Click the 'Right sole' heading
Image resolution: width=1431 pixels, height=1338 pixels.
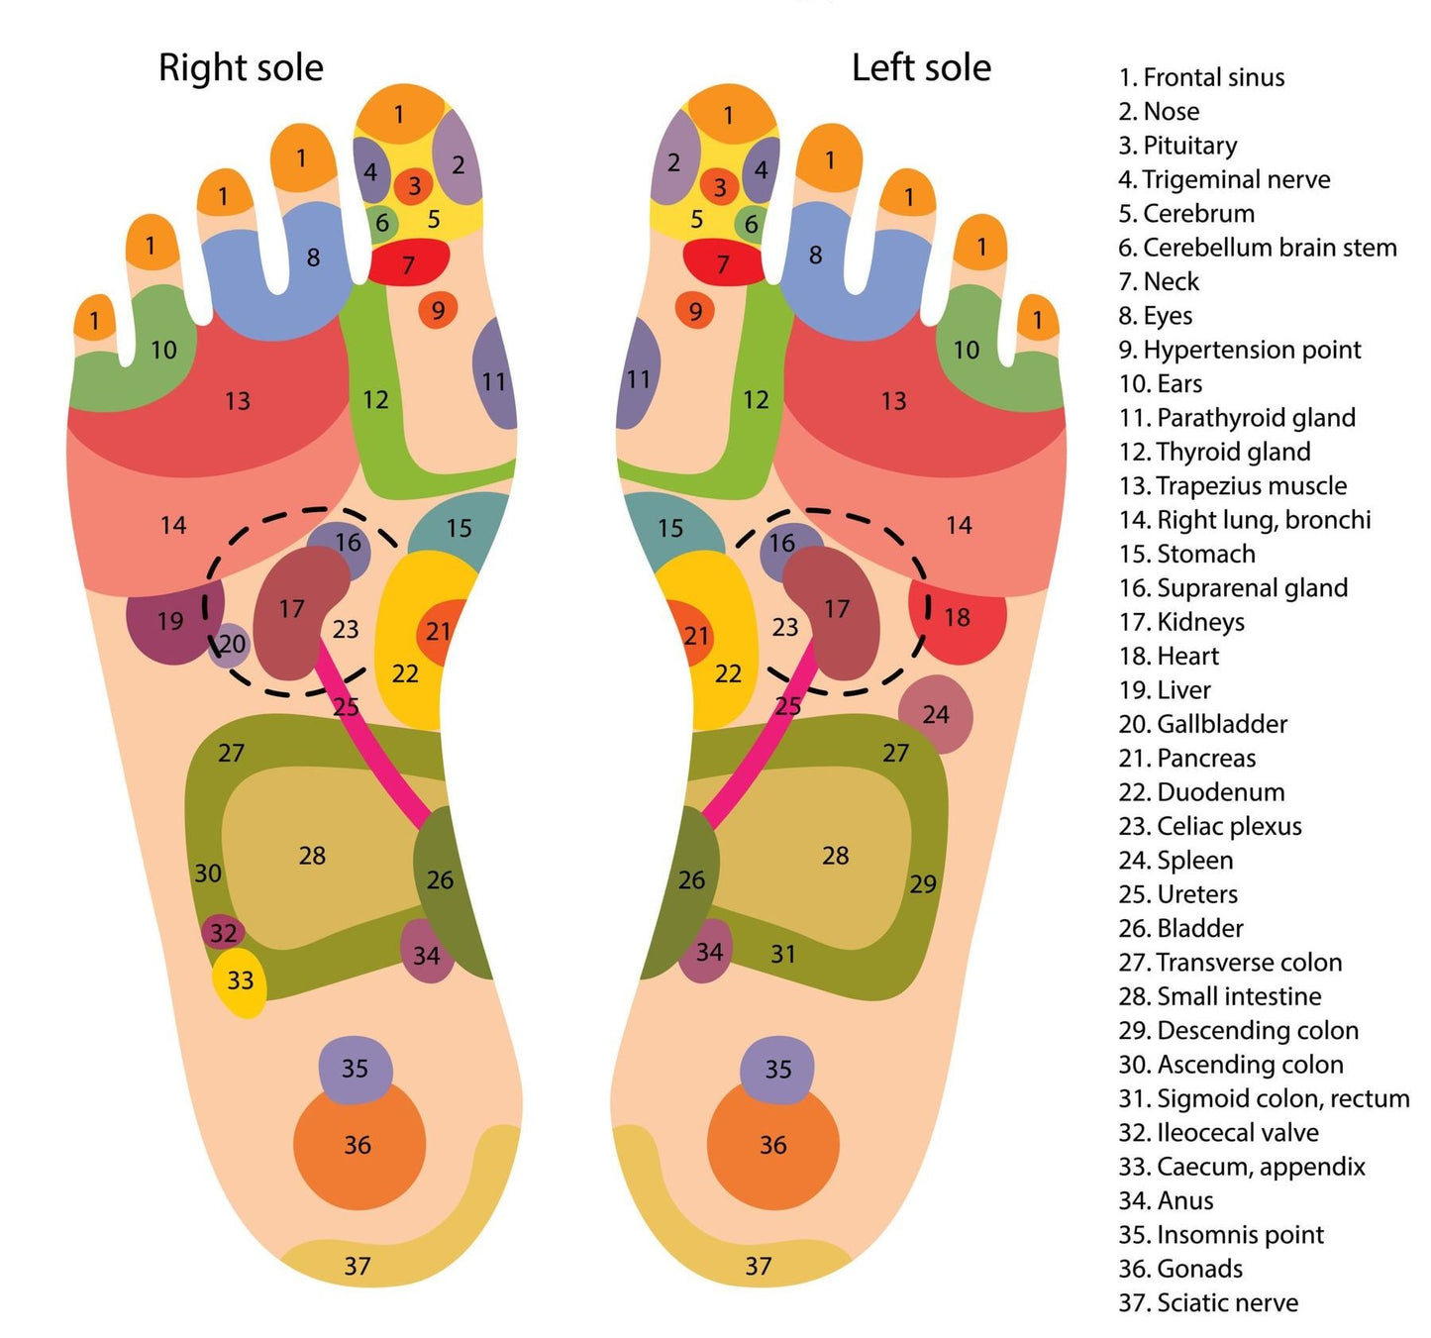click(241, 68)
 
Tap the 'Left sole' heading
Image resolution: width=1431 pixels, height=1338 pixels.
click(921, 68)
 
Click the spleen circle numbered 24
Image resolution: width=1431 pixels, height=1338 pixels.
click(936, 714)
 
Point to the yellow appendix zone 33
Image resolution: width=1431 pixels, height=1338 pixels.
click(240, 981)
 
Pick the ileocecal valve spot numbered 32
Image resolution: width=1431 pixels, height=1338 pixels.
click(224, 932)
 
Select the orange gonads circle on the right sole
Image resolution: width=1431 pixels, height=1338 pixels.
click(358, 1145)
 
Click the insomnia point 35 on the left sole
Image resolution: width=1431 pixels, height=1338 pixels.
click(778, 1070)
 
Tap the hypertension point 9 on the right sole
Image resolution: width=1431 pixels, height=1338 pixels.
click(438, 310)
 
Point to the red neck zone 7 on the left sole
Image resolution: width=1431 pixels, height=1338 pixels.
click(723, 263)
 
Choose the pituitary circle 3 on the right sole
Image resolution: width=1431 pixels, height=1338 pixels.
click(414, 185)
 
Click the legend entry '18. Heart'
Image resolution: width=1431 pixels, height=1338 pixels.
click(1169, 656)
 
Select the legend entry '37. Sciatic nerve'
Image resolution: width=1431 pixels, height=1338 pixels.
click(1208, 1302)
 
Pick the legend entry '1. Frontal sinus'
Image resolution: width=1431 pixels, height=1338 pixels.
click(1201, 77)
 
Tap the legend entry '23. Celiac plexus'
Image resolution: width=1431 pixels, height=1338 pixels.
click(1210, 826)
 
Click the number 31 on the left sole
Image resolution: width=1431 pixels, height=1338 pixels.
click(783, 954)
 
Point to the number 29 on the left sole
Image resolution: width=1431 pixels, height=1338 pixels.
click(922, 883)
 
